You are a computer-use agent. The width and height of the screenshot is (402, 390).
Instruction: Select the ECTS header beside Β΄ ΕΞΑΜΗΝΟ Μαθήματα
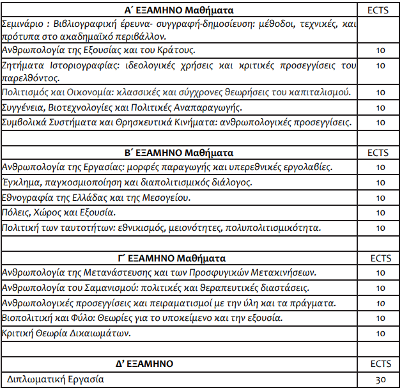pyautogui.click(x=379, y=153)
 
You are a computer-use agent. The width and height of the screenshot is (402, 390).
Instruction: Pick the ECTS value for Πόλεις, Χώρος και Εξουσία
pyautogui.click(x=379, y=213)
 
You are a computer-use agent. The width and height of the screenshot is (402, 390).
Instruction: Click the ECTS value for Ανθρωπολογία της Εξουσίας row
pyautogui.click(x=379, y=50)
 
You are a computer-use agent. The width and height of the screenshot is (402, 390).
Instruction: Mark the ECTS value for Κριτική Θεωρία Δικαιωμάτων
pyautogui.click(x=379, y=333)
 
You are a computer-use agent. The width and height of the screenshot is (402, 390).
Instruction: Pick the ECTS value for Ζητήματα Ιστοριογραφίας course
pyautogui.click(x=379, y=65)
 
